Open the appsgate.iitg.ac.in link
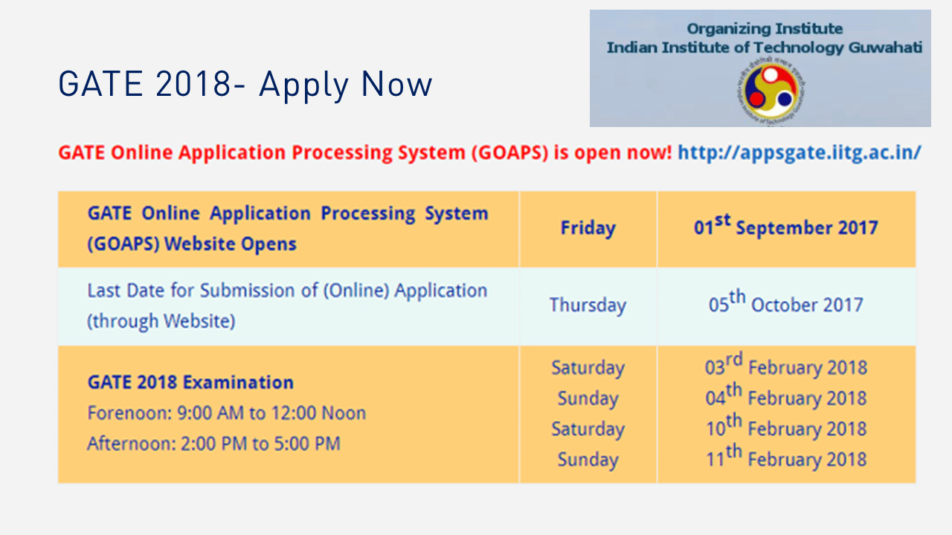pos(800,152)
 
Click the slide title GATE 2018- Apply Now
pos(245,85)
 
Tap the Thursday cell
pos(588,305)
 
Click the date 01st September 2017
pos(786,225)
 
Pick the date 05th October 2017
pos(786,302)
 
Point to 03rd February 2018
pos(786,365)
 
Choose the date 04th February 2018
pos(786,396)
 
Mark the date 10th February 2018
pos(786,427)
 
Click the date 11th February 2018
pos(786,457)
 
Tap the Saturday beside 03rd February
pos(588,368)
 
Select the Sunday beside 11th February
pos(588,460)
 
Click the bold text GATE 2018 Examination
pos(190,382)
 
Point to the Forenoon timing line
pos(227,413)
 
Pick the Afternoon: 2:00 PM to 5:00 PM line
pos(213,444)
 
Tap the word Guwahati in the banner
pos(886,47)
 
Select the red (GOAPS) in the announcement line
pos(509,153)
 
